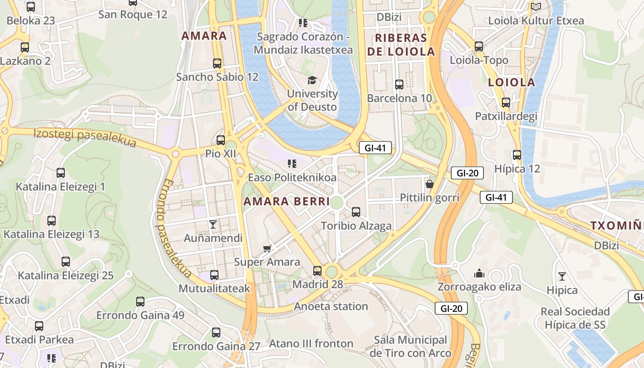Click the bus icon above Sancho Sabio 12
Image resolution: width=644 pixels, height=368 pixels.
click(x=217, y=63)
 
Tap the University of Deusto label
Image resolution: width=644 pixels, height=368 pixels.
click(x=312, y=100)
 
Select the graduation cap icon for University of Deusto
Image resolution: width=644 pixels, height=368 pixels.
click(x=312, y=80)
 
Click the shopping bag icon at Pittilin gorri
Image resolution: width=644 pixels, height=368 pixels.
click(x=430, y=184)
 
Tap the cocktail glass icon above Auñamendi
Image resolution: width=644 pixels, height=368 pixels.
click(x=213, y=224)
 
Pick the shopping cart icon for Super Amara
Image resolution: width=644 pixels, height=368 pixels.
click(x=267, y=248)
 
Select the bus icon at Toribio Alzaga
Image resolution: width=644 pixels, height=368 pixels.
click(x=356, y=212)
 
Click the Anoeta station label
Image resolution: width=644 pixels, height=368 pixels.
click(x=331, y=306)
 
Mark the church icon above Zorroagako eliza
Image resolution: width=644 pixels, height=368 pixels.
click(x=479, y=273)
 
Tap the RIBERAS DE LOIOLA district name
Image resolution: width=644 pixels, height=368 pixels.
click(x=401, y=45)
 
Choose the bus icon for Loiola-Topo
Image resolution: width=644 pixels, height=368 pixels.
click(x=479, y=46)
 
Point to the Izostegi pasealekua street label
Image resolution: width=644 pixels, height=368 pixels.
click(x=85, y=138)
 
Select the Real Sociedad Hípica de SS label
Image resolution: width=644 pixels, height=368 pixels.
click(x=575, y=318)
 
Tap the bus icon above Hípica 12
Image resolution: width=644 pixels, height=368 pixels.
click(x=517, y=155)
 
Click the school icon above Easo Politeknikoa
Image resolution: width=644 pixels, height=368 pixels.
click(x=292, y=163)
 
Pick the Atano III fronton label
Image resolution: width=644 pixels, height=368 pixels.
click(x=311, y=344)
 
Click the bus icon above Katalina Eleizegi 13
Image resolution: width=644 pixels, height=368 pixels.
click(x=52, y=221)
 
